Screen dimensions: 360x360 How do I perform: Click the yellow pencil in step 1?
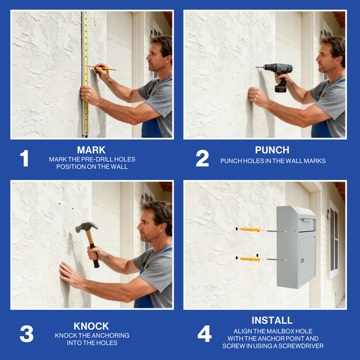tap(102, 68)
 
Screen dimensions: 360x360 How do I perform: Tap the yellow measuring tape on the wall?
tap(86, 74)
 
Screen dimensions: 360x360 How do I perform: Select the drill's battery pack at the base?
tap(281, 88)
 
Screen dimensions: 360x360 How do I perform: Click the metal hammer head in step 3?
tap(86, 227)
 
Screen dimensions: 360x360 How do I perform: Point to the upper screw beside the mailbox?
tap(277, 231)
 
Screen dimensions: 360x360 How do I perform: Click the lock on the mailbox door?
tap(302, 260)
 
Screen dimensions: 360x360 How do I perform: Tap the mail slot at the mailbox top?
tap(307, 224)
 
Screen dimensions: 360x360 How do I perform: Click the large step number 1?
tap(24, 158)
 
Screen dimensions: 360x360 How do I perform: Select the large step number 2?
tap(202, 158)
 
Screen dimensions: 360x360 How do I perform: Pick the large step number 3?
tap(27, 334)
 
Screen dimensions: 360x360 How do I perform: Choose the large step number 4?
tap(205, 334)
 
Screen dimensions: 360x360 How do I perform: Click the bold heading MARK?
tap(92, 150)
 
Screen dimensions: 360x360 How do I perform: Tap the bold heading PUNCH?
tap(272, 150)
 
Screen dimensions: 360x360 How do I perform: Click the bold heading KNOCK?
tap(91, 326)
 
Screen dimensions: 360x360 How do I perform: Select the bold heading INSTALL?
tap(272, 320)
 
